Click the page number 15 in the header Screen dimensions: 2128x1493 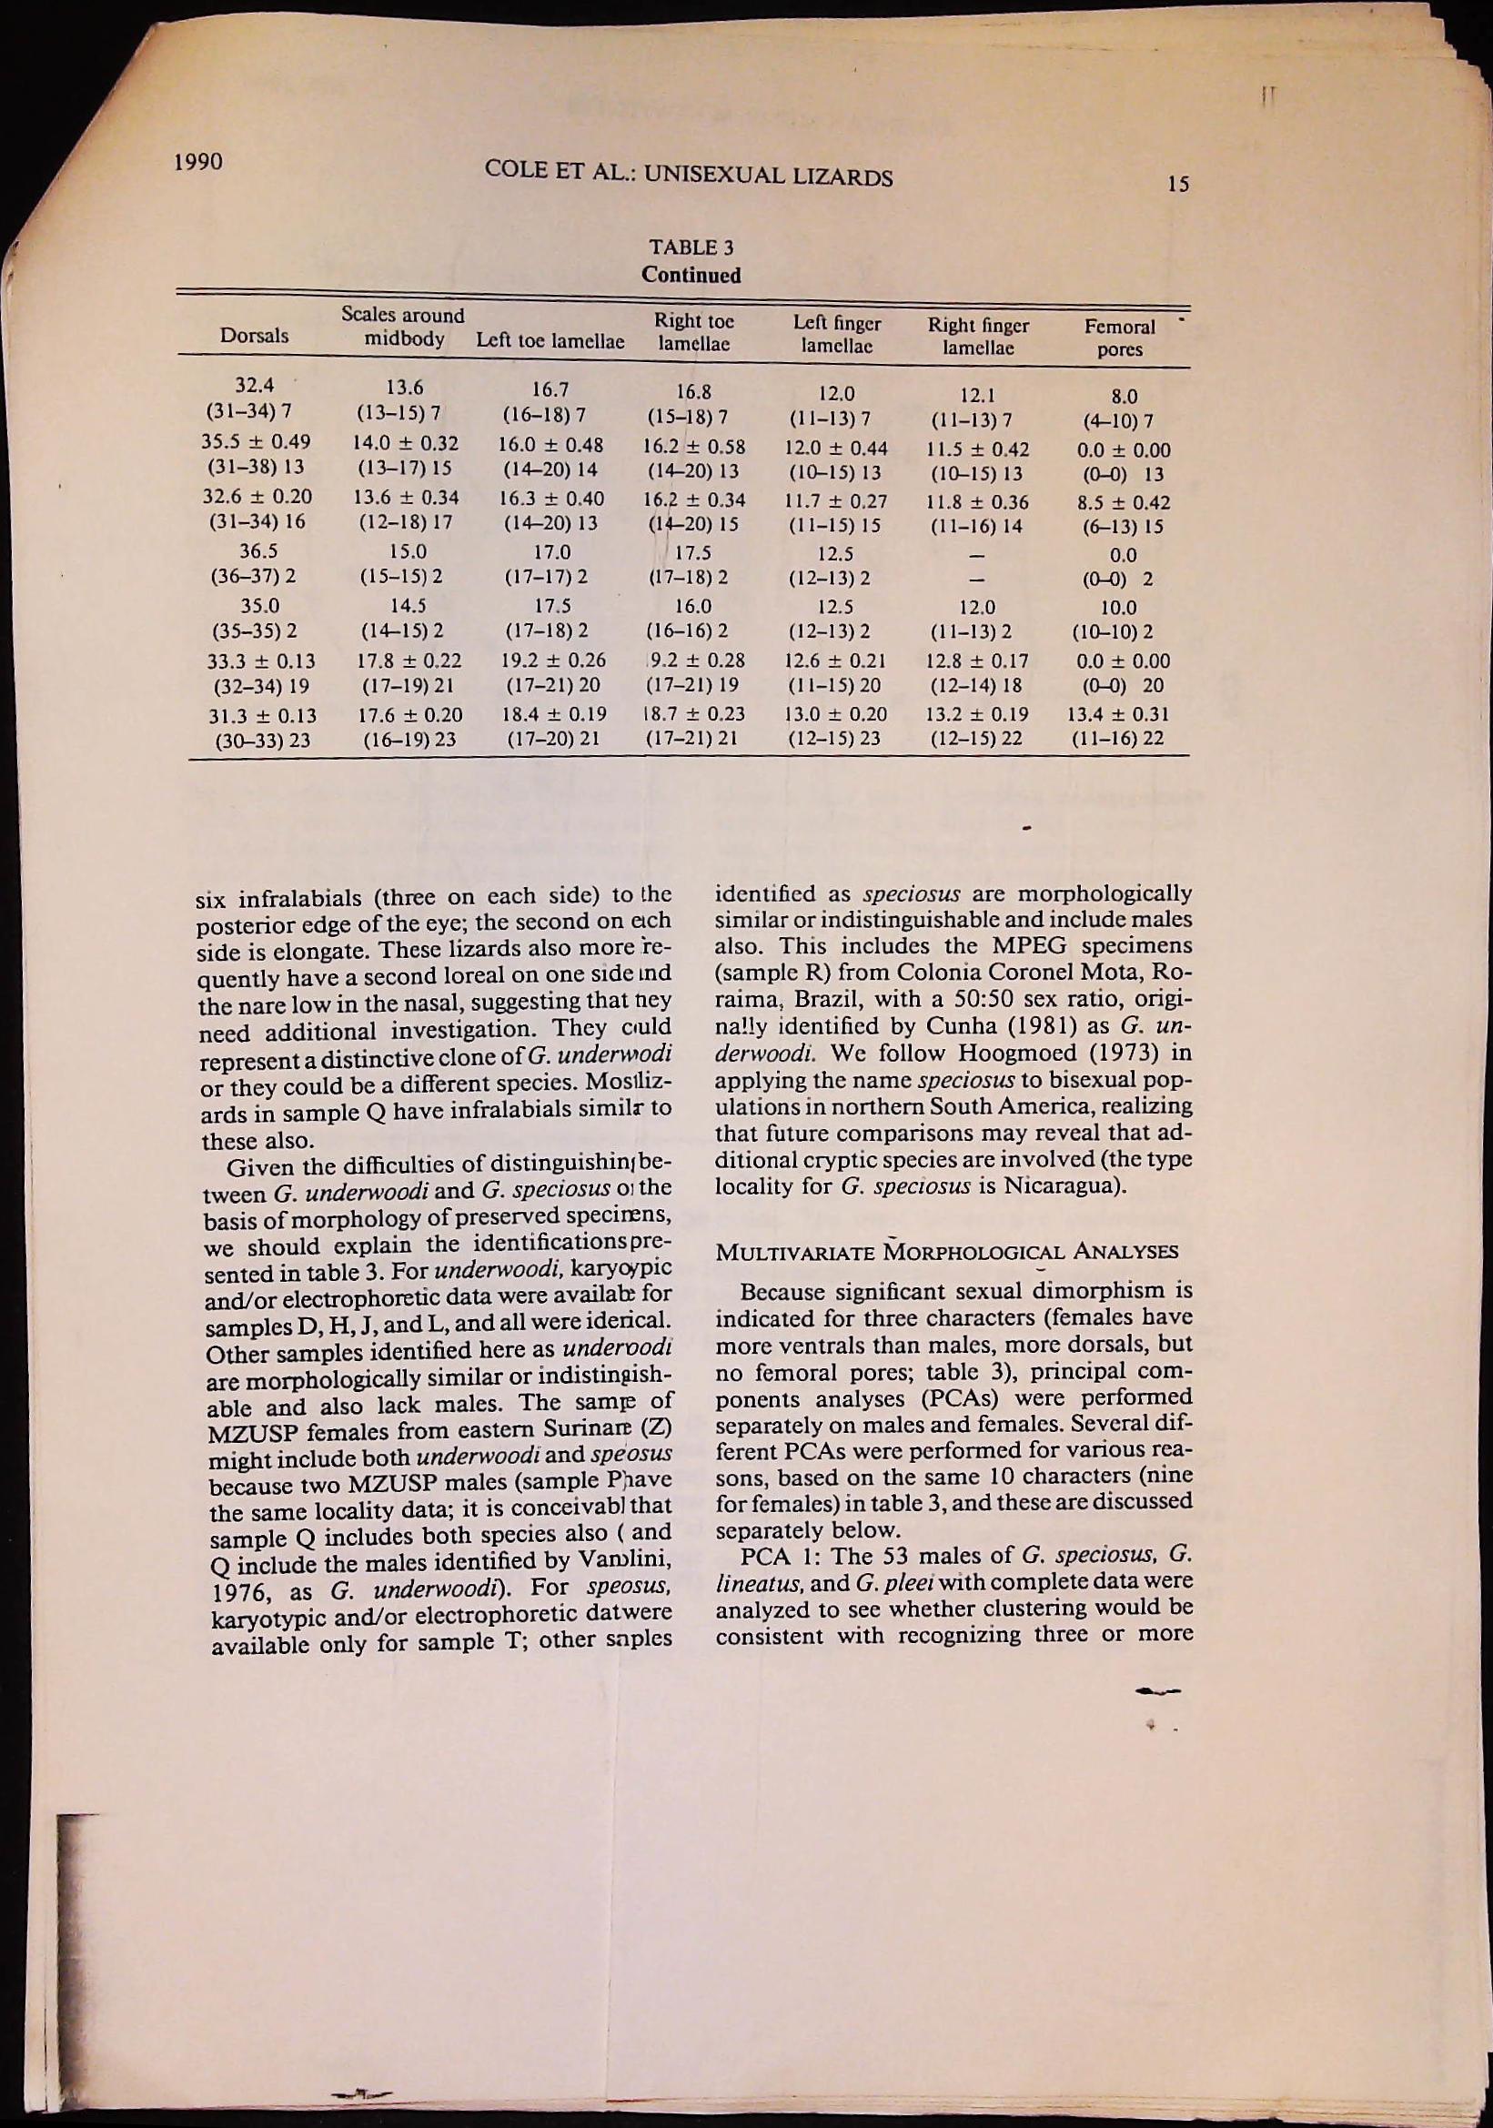pos(1177,185)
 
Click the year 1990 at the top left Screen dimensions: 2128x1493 pos(197,162)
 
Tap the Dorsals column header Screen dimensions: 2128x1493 pos(254,336)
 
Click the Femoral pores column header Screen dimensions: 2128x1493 pos(1121,338)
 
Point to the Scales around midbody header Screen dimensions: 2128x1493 pos(403,327)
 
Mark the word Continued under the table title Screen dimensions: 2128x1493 pos(691,276)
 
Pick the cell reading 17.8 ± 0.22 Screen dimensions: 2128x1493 pos(409,661)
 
